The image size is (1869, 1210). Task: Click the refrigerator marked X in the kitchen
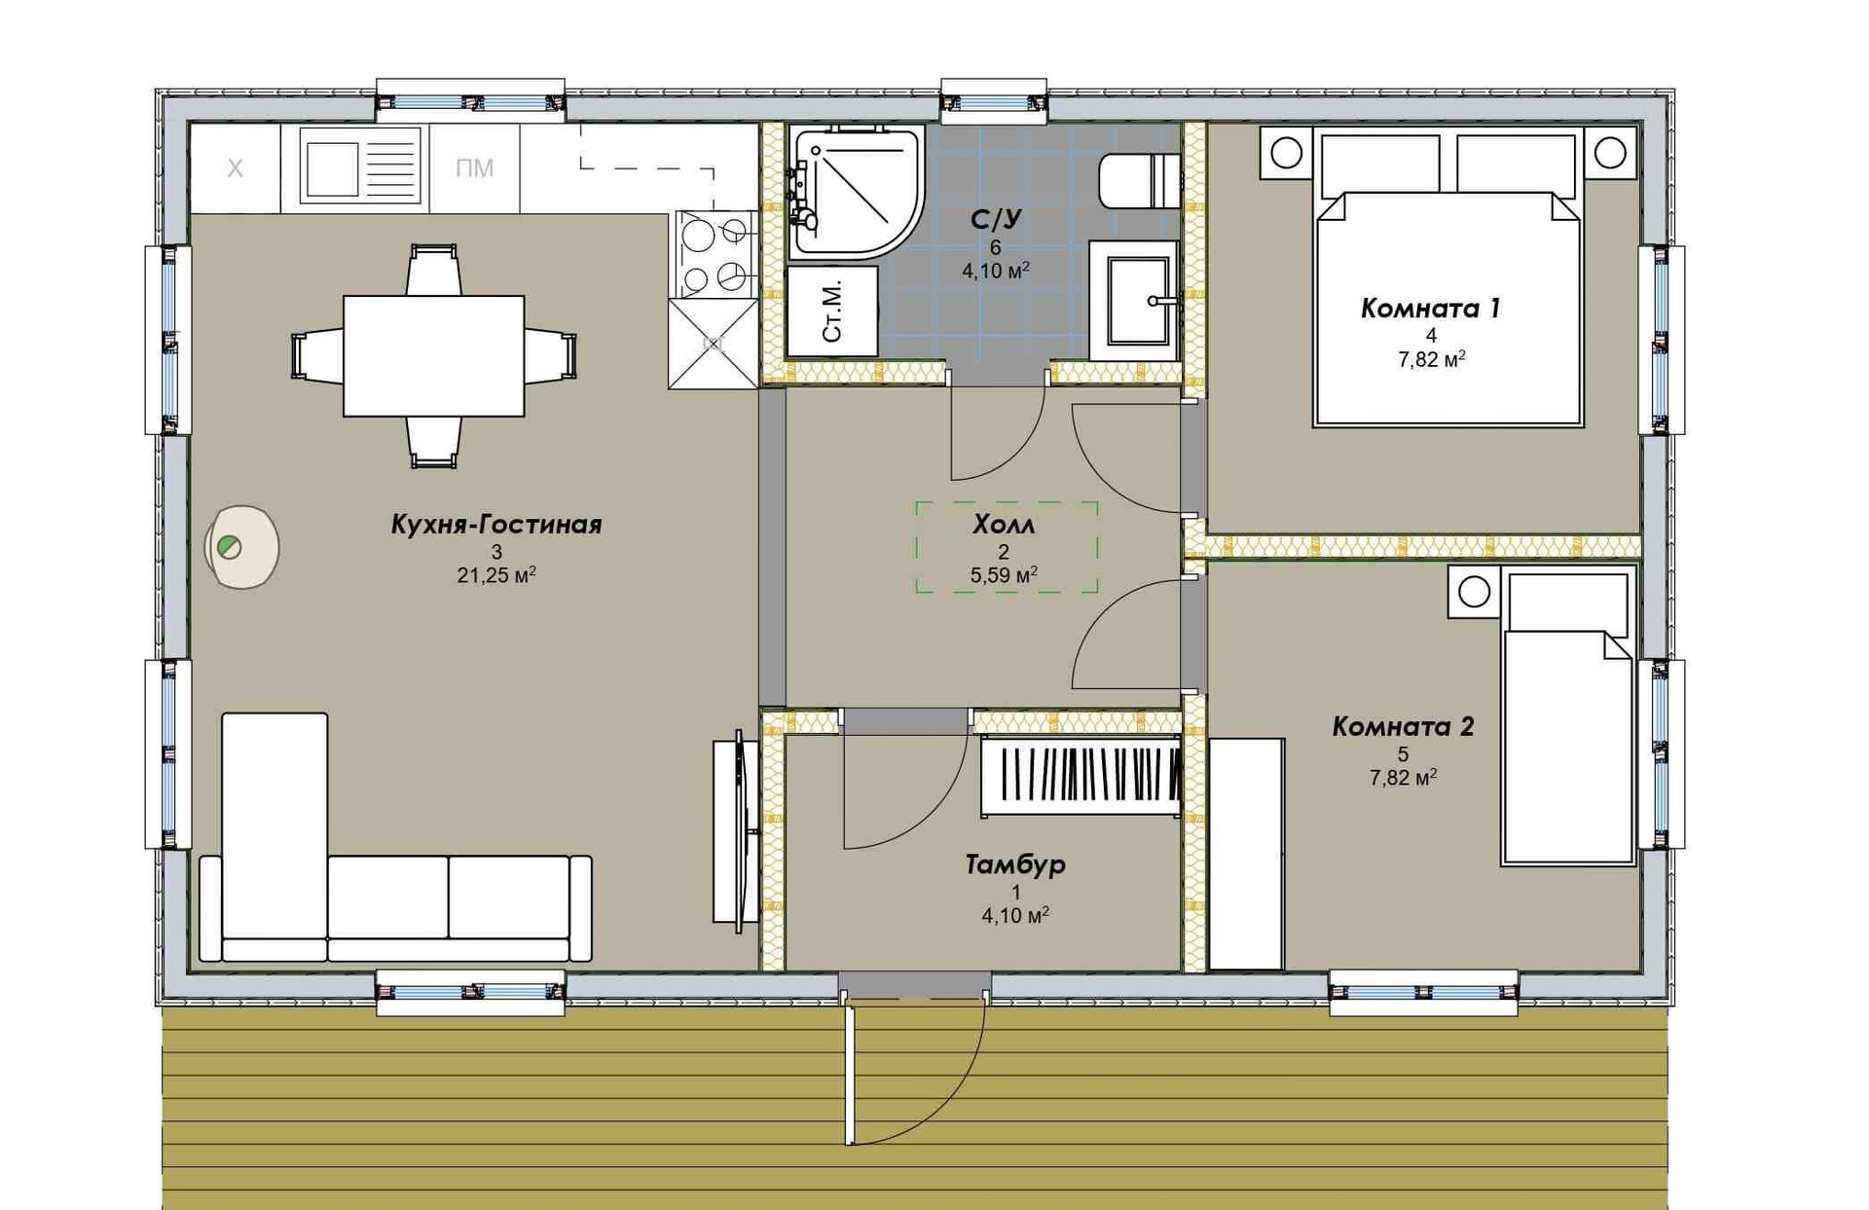point(235,168)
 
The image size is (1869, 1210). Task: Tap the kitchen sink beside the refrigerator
point(360,165)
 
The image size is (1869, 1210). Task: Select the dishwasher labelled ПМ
point(474,168)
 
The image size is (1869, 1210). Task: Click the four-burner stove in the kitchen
point(715,255)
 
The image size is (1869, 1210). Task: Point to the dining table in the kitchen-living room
point(434,356)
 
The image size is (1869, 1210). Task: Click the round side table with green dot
point(241,547)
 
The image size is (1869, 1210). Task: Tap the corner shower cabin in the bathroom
point(853,192)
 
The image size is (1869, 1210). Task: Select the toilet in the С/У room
point(1139,181)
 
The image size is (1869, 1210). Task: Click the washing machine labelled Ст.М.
point(832,312)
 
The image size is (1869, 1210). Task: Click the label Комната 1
point(1430,309)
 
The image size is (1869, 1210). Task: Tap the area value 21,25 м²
point(496,575)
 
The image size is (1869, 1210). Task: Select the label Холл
point(1004,526)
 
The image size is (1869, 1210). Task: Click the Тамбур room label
point(1015,864)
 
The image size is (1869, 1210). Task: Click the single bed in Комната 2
point(1567,717)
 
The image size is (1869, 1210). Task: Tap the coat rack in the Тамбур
point(1081,776)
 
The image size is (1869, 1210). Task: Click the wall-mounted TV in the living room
point(735,831)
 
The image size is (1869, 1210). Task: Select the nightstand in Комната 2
point(1474,592)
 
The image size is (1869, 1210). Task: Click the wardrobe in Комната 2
point(1246,854)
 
